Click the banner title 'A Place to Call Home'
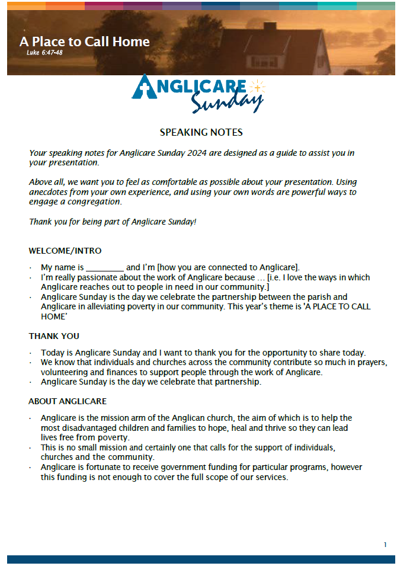click(85, 41)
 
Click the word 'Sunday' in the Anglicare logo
click(226, 103)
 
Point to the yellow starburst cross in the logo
click(257, 88)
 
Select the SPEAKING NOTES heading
click(201, 132)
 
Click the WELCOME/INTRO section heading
click(65, 251)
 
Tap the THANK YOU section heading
click(54, 336)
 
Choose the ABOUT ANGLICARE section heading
click(68, 401)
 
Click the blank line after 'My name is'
click(105, 268)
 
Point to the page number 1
click(385, 545)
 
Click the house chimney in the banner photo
click(270, 27)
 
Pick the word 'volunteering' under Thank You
click(63, 373)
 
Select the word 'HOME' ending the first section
click(54, 316)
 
